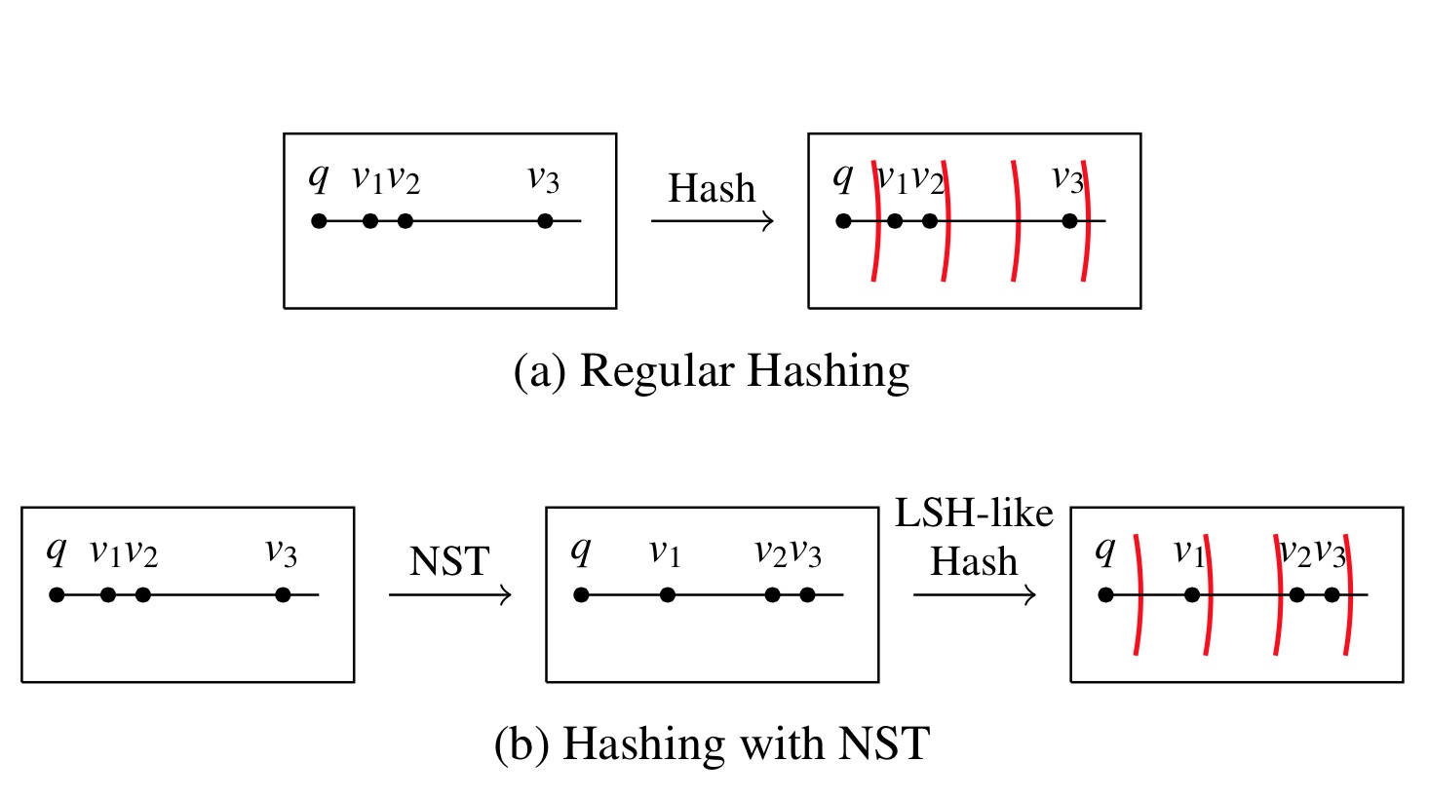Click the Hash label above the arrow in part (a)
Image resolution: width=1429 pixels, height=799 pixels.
pos(712,188)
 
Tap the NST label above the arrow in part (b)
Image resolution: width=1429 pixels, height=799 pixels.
pos(449,562)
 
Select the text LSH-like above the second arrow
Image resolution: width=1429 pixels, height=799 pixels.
pos(974,514)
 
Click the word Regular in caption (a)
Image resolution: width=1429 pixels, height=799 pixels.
pos(657,371)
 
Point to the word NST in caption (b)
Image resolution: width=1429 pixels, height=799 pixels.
pos(884,744)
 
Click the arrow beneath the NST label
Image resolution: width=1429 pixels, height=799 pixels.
pos(449,594)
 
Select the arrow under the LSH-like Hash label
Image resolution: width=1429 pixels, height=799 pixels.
pos(974,594)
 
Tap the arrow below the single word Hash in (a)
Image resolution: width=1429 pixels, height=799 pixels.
pos(712,221)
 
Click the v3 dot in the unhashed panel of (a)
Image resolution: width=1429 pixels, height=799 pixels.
pos(545,221)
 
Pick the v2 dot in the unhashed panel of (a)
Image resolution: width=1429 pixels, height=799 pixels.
pos(406,221)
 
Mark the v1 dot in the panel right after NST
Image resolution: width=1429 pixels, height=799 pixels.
pos(667,594)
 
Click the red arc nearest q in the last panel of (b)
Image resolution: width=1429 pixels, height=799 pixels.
pos(1138,594)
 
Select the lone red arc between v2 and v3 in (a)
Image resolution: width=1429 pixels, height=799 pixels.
pos(1016,221)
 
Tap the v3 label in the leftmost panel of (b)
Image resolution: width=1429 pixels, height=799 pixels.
pos(281,553)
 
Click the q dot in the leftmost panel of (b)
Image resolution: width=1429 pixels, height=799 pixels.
pos(57,594)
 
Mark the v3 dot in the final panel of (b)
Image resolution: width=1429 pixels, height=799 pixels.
pos(1332,594)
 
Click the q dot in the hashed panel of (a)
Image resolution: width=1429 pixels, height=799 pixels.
pos(843,221)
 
